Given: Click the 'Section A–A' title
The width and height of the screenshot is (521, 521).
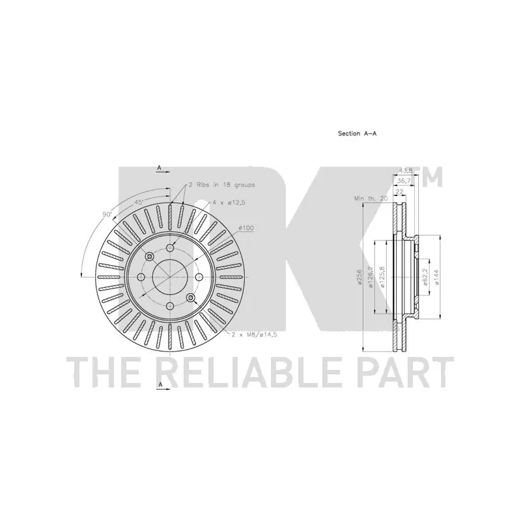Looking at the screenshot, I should (x=357, y=133).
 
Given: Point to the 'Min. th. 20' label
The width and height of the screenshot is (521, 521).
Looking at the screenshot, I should (x=369, y=197).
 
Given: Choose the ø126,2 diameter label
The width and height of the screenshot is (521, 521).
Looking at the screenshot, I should (x=370, y=276).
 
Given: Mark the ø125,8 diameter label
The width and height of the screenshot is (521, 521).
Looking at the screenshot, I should (x=382, y=276).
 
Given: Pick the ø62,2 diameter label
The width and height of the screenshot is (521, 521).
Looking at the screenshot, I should (x=424, y=276).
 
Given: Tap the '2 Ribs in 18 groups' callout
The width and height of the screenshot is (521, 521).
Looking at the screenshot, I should (x=221, y=185).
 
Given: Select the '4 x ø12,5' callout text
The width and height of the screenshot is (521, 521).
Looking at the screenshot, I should (x=227, y=203).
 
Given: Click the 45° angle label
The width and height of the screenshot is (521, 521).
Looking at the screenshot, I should (x=139, y=203).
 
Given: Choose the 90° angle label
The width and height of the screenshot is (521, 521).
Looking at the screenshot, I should (x=107, y=214).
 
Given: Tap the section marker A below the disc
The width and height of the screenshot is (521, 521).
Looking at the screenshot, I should (x=159, y=386).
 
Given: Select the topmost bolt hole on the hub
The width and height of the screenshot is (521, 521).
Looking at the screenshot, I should (x=170, y=247).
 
